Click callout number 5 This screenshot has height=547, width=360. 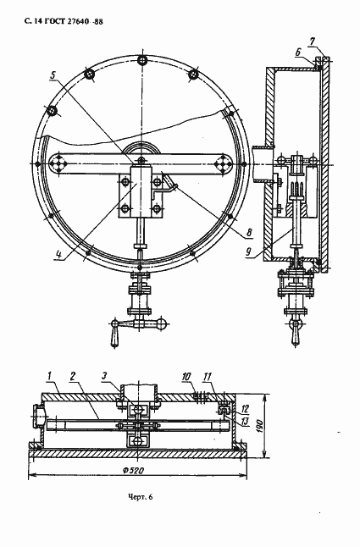pyautogui.click(x=53, y=75)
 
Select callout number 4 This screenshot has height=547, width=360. pyautogui.click(x=58, y=255)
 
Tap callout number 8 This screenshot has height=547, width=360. pyautogui.click(x=249, y=233)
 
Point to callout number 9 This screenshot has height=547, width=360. pyautogui.click(x=248, y=251)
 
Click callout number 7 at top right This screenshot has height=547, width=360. pyautogui.click(x=313, y=41)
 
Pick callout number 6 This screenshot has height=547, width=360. pyautogui.click(x=298, y=52)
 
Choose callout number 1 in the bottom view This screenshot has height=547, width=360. pyautogui.click(x=49, y=376)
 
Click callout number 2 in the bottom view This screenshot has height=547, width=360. pyautogui.click(x=73, y=376)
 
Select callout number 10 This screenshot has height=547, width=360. pyautogui.click(x=186, y=377)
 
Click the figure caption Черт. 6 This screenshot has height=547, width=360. pyautogui.click(x=141, y=497)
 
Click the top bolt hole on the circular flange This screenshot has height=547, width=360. pyautogui.click(x=142, y=60)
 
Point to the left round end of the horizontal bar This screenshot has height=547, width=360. pyautogui.click(x=58, y=163)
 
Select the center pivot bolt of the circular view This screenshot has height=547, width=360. pyautogui.click(x=141, y=160)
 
